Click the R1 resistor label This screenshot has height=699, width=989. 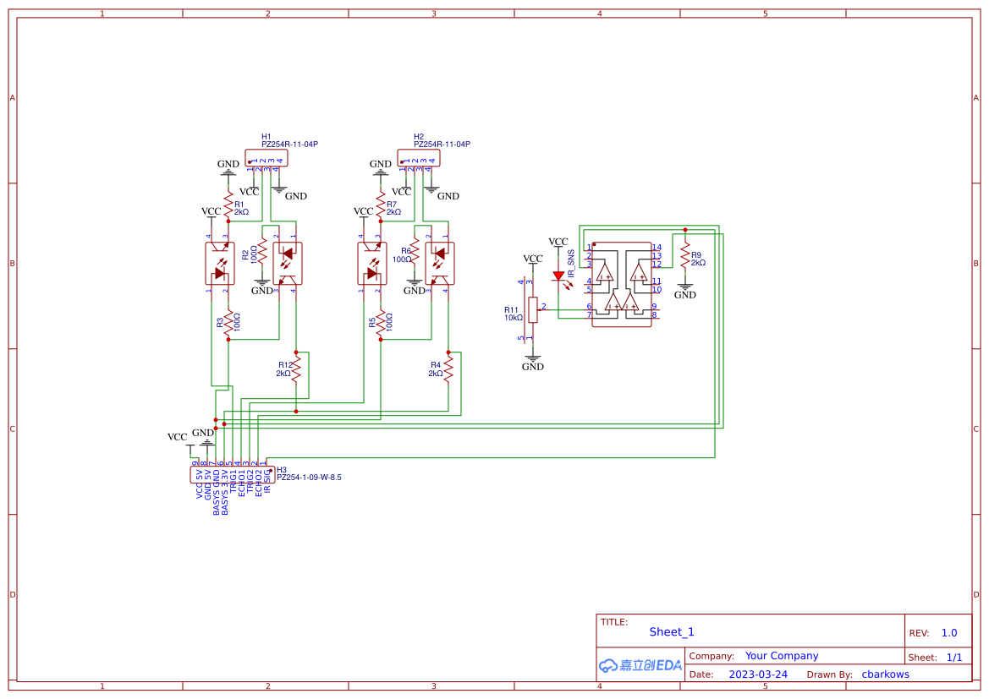(x=239, y=204)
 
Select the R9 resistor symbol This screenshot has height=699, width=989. (x=685, y=257)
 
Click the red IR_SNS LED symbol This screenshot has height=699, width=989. (x=558, y=275)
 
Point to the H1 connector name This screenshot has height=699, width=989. (x=266, y=136)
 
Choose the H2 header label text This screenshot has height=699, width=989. (x=419, y=136)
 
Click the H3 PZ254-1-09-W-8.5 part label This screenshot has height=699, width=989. (x=309, y=478)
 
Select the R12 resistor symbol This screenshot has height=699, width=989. (x=296, y=368)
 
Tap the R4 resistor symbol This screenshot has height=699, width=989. (x=448, y=368)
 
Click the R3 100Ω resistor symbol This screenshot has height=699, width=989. (x=228, y=323)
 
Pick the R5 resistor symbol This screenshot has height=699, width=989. (x=380, y=323)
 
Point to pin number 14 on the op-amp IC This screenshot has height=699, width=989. (x=657, y=248)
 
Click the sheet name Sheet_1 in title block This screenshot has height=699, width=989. (x=672, y=632)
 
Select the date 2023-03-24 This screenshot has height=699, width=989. (x=758, y=674)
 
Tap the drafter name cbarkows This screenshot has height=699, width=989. (x=885, y=674)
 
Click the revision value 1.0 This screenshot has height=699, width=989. (x=949, y=633)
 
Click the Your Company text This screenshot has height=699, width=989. (x=782, y=656)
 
